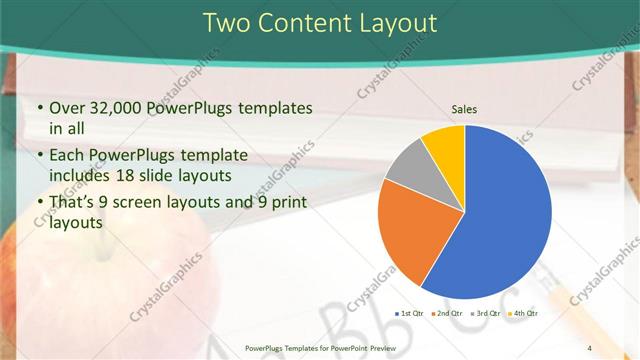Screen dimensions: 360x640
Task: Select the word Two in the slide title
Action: click(x=228, y=22)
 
